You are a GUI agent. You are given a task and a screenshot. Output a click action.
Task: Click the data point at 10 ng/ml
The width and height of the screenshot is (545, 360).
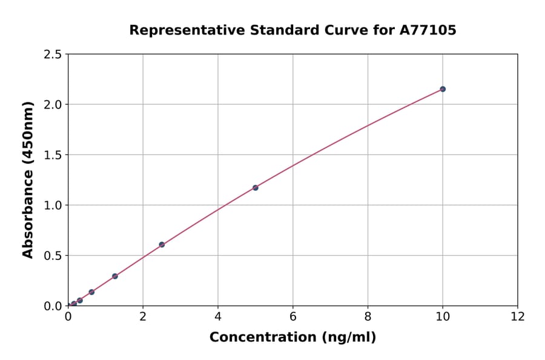tap(443, 89)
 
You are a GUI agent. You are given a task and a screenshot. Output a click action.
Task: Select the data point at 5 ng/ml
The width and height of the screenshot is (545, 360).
tap(256, 188)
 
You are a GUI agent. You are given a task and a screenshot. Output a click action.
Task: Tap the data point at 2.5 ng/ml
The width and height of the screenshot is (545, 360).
tap(162, 245)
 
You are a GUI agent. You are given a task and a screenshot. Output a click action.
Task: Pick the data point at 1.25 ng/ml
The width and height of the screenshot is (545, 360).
tap(115, 276)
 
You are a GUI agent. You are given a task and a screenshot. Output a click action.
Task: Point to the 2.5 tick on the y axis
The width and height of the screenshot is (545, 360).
tap(53, 55)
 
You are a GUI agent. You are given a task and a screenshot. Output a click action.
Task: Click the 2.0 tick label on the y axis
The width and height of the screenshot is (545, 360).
tap(53, 105)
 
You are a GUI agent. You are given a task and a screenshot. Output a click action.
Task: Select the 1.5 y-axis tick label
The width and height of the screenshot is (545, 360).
tap(53, 155)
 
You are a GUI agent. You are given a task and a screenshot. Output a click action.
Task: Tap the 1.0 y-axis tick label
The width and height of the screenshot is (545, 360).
tap(53, 205)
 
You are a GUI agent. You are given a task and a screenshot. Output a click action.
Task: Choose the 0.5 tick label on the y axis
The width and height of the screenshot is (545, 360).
tap(53, 256)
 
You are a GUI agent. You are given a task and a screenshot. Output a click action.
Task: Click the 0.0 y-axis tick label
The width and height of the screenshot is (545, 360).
tap(53, 306)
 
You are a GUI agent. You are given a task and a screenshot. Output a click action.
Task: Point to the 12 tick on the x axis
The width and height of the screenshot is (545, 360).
tap(518, 316)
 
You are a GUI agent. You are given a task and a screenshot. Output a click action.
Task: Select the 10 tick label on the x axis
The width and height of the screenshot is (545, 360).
tap(443, 316)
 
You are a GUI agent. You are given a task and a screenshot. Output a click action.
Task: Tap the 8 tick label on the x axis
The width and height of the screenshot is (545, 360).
tap(368, 316)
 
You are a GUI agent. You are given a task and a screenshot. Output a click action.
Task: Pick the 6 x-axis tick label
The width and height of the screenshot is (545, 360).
tap(293, 316)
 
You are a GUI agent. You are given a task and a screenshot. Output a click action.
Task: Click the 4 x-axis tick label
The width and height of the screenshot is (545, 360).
tap(218, 316)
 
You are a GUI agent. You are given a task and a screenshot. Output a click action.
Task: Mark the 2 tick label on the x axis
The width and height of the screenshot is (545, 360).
tap(143, 316)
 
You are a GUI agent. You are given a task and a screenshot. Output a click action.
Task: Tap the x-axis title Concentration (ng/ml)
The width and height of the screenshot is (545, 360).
tap(292, 338)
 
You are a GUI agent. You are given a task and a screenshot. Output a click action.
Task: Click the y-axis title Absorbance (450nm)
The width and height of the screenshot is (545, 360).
tap(28, 179)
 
